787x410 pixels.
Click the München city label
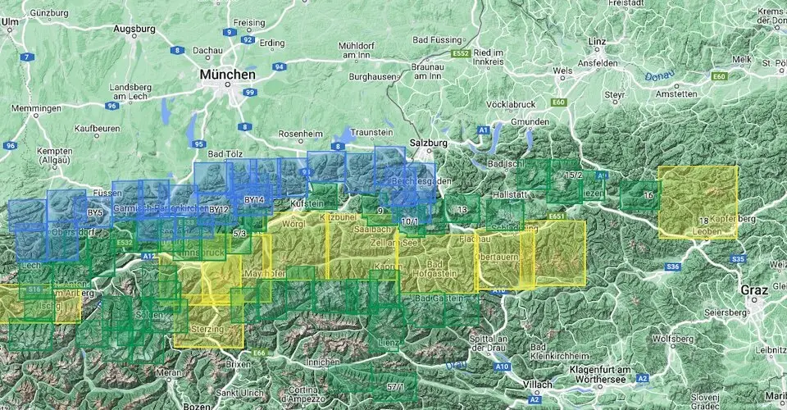tap(226, 75)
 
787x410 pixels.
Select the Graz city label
tap(753, 290)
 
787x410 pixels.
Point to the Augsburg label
tap(135, 29)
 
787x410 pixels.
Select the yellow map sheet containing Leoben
tap(698, 202)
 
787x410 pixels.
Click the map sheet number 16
tap(648, 195)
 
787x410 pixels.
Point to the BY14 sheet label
tap(254, 199)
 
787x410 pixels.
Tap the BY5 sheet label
tap(95, 213)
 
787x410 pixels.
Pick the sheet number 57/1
tap(396, 386)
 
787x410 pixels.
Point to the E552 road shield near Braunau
tap(461, 54)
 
